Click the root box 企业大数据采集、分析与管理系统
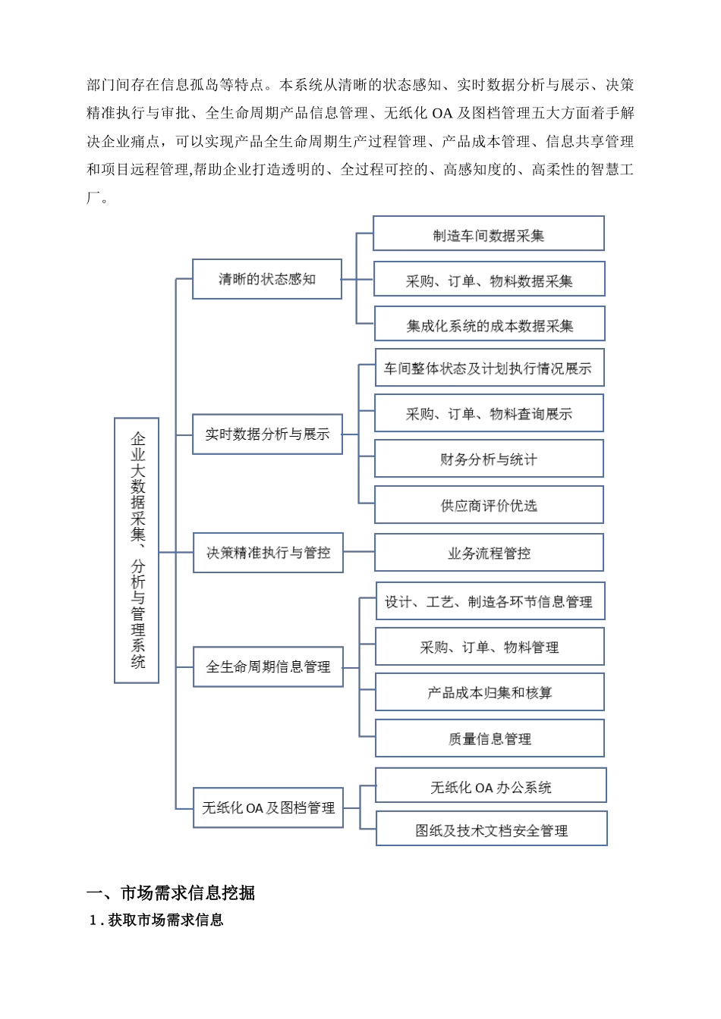[x=137, y=550]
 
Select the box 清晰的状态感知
[x=267, y=279]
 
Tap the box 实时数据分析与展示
[x=267, y=434]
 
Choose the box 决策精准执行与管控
[x=268, y=553]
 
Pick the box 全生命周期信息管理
[x=268, y=667]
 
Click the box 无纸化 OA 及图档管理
[x=268, y=808]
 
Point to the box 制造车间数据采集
[x=489, y=234]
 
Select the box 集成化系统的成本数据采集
[x=490, y=325]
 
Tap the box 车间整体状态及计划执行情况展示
[x=490, y=368]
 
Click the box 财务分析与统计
[x=489, y=459]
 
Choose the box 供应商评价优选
[x=489, y=506]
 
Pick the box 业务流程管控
[x=489, y=553]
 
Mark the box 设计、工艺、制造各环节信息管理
[x=490, y=602]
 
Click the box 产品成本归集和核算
[x=490, y=692]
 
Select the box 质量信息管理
[x=490, y=738]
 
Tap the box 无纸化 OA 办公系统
[x=491, y=786]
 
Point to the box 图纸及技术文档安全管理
[x=492, y=829]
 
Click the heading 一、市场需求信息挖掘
[x=171, y=893]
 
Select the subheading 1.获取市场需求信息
[x=156, y=920]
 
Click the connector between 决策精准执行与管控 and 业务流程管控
[x=359, y=552]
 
